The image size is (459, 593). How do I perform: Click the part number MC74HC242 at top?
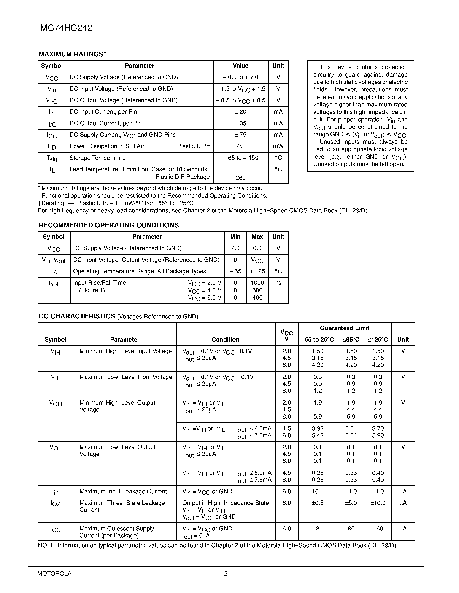pos(66,28)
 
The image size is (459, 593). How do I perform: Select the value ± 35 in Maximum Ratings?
pos(240,124)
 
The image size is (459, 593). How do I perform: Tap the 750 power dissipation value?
pos(240,146)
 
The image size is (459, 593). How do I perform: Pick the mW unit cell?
pos(278,146)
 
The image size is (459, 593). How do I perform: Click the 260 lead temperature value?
pos(240,178)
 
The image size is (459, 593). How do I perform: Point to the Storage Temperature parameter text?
pos(98,158)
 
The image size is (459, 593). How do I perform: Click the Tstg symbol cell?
pos(52,158)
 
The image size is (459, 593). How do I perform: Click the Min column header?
pos(235,237)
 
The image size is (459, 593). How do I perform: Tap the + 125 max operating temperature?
pos(257,271)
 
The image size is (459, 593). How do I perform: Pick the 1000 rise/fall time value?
pos(257,283)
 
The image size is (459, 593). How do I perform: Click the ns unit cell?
pos(278,283)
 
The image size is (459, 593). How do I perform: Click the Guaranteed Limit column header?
pos(345,328)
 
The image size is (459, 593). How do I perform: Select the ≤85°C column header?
pos(351,340)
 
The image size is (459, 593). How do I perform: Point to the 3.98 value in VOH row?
pos(318,428)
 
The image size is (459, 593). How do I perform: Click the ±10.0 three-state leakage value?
pos(378,503)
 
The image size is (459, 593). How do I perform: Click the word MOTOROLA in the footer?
pos(54,573)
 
